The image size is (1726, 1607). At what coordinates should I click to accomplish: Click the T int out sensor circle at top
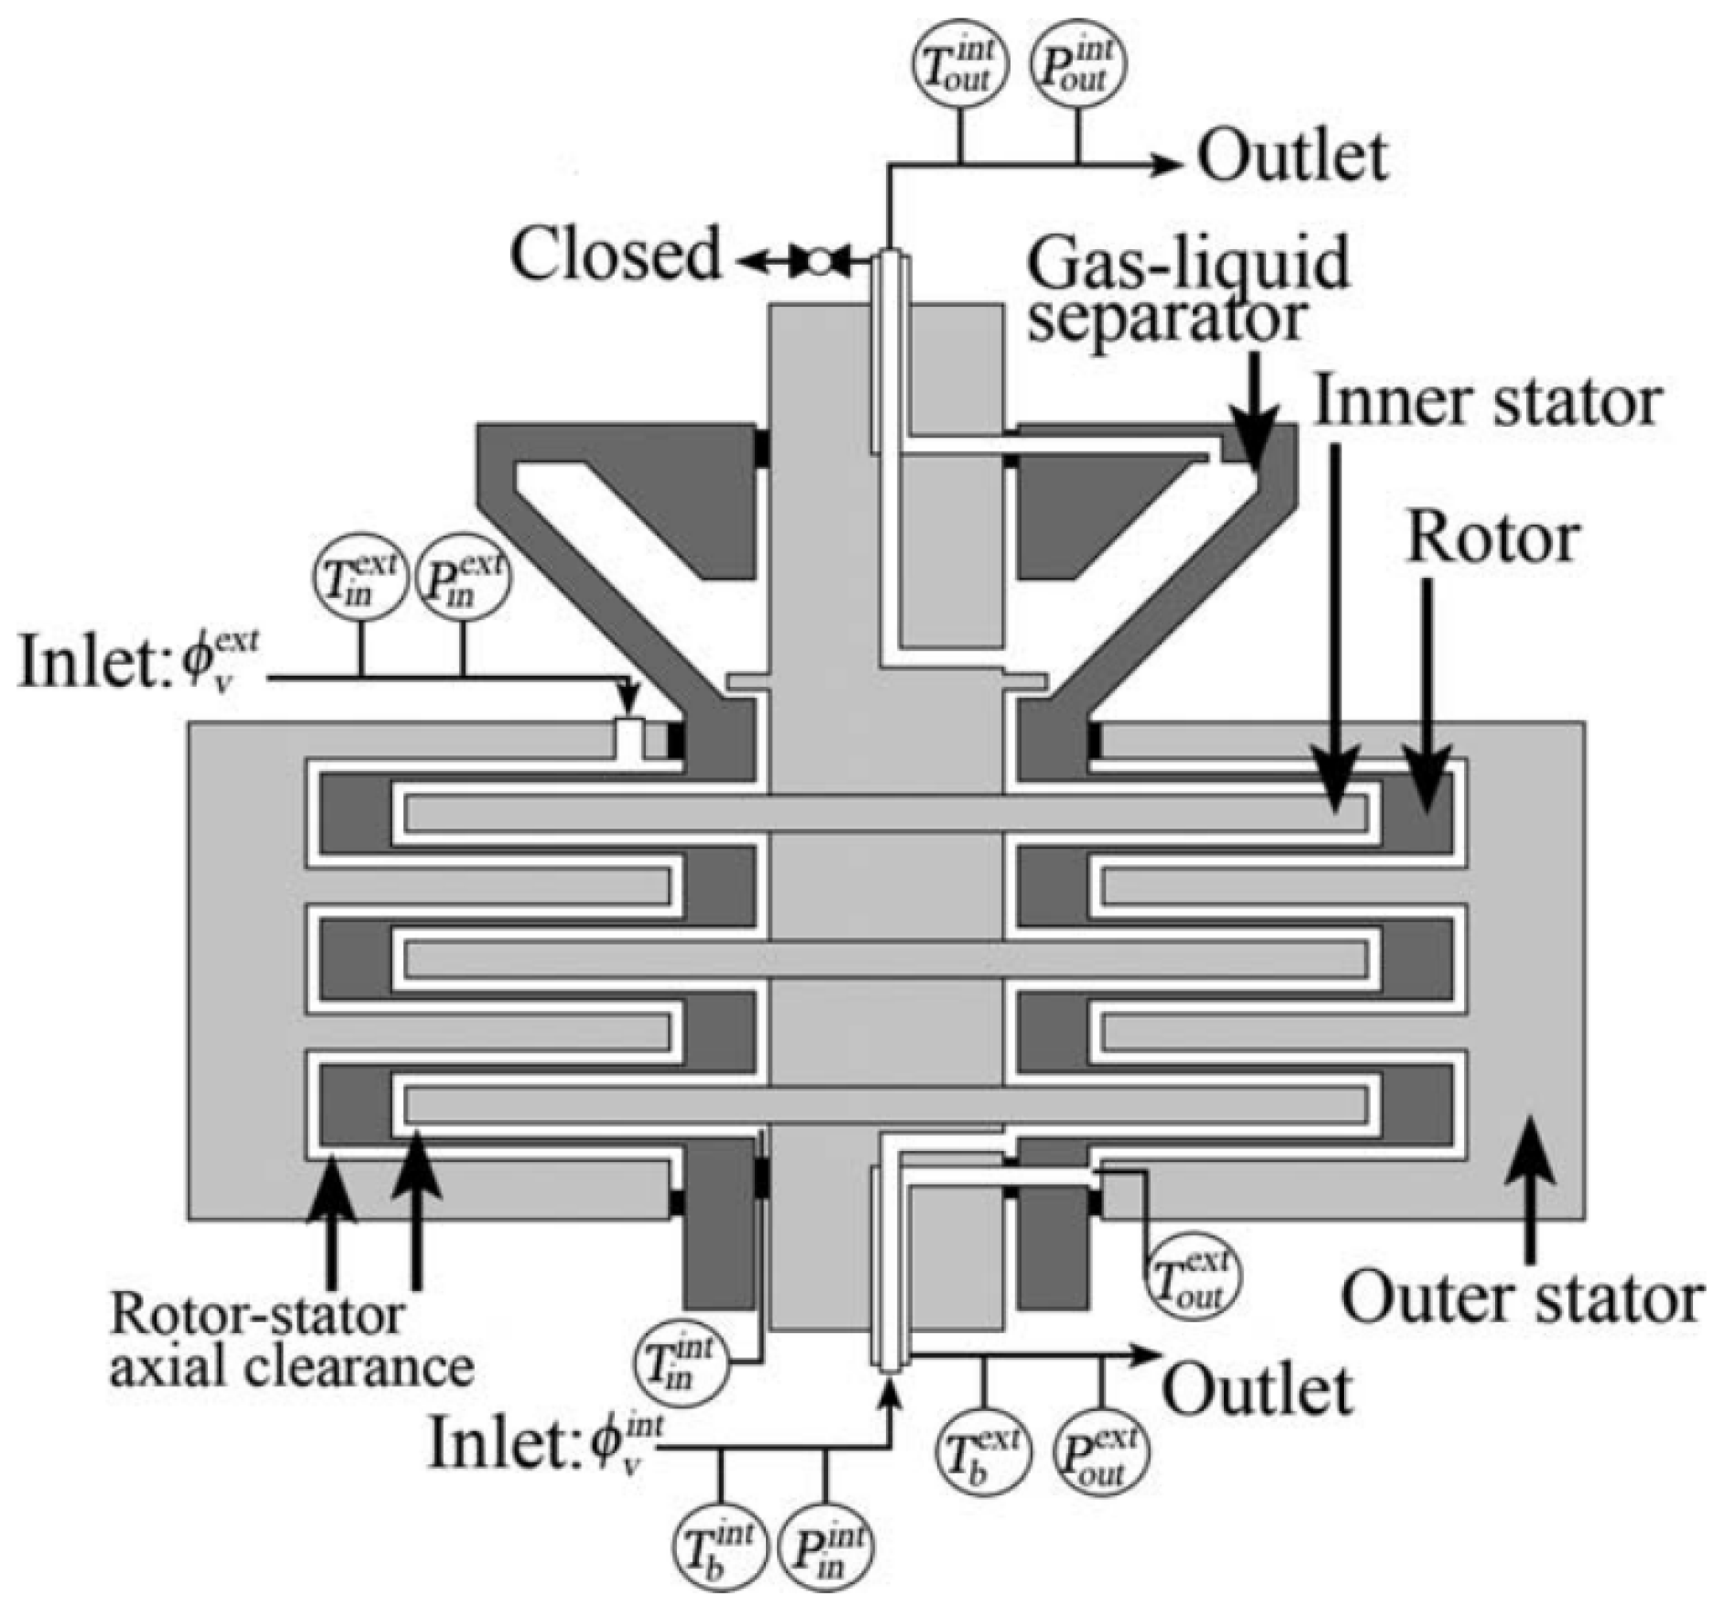coord(959,66)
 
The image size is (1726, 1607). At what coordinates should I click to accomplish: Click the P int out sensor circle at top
coord(1077,66)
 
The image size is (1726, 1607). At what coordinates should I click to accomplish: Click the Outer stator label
coord(1522,1298)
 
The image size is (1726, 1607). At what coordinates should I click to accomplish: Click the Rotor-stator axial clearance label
coord(291,1342)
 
